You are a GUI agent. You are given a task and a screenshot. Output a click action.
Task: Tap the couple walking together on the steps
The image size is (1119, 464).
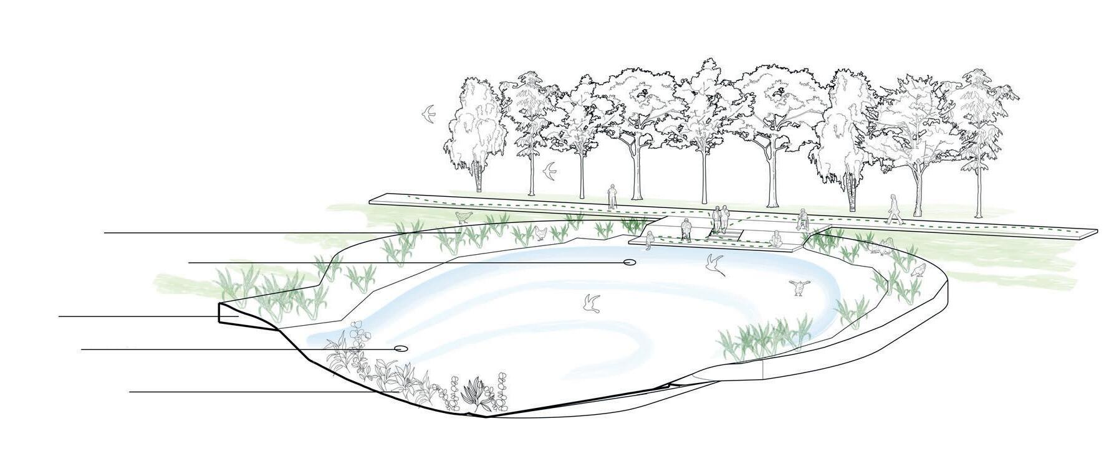coord(721,220)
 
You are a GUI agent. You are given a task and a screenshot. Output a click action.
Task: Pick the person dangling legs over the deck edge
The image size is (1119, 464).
coord(649,239)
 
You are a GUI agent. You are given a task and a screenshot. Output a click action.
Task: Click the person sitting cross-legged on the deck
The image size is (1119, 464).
coord(777,239)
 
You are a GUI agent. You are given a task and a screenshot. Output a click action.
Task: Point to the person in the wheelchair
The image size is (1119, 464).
coord(802,219)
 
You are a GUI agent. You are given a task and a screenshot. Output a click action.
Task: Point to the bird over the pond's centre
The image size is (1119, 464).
coord(590,303)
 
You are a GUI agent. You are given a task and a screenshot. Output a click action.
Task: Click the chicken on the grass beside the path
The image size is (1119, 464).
coord(463,216)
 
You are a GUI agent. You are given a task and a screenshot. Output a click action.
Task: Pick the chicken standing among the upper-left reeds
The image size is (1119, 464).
coord(540,234)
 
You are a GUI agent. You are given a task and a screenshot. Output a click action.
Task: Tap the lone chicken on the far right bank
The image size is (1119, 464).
coord(918,270)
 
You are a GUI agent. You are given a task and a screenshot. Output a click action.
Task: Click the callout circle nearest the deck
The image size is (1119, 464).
coord(630,263)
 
